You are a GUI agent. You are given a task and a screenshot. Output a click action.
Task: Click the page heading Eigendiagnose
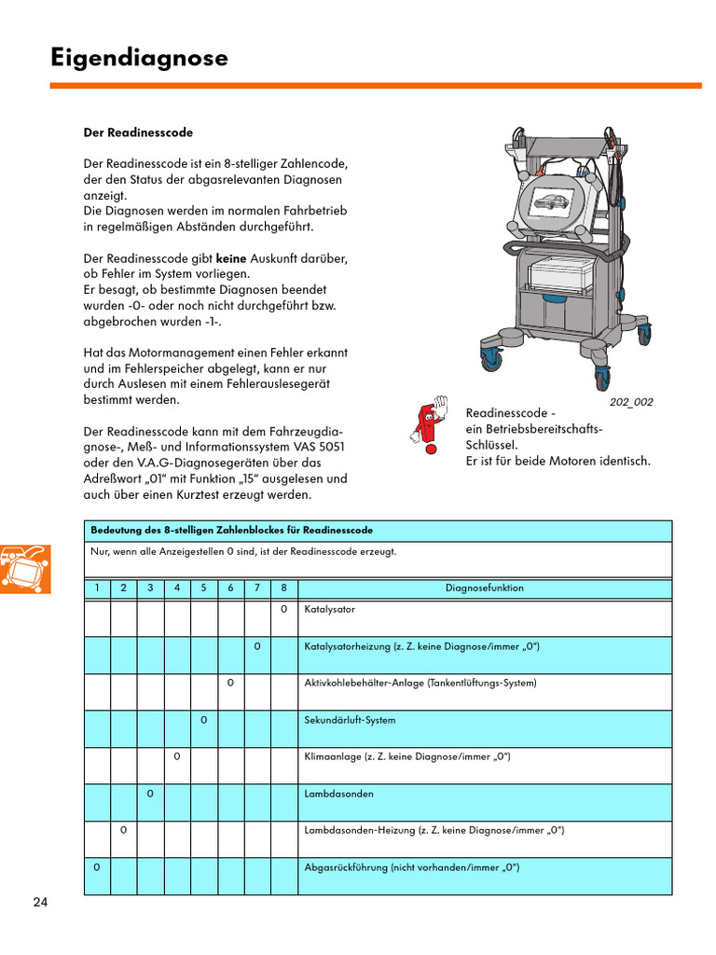[139, 58]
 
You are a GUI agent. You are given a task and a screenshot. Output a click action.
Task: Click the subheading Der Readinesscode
[138, 132]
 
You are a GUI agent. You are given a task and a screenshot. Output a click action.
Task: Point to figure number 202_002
[631, 402]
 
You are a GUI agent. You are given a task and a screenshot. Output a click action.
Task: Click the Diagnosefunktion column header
[484, 588]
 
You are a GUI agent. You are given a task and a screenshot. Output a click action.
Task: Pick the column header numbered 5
[203, 588]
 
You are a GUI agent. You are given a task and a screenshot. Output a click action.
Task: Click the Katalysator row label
[330, 609]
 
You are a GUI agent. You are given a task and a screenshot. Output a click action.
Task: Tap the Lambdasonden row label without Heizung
[339, 794]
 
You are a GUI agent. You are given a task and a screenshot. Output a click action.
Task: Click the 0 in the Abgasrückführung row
[97, 867]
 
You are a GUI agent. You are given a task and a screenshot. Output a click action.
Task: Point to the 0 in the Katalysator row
[283, 609]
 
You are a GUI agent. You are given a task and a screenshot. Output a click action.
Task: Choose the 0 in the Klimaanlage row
[177, 756]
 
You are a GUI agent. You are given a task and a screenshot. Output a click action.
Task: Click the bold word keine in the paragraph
[232, 257]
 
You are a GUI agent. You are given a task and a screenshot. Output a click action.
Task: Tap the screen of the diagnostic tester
[557, 202]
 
